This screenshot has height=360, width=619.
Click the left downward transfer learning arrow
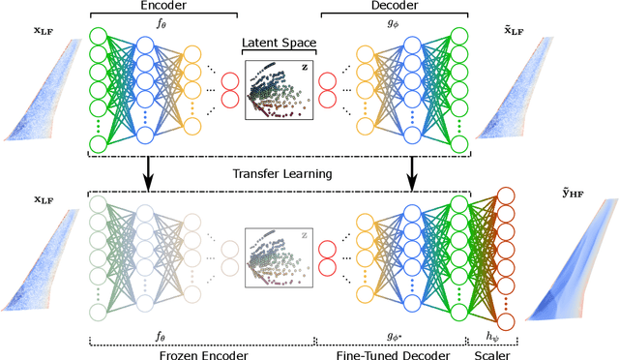[147, 170]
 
